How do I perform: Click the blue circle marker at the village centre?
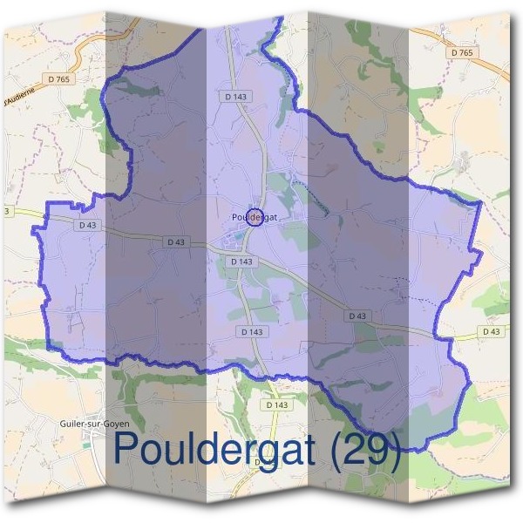click(254, 218)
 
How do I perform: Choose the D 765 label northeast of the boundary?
click(463, 53)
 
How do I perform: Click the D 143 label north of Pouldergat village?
click(234, 97)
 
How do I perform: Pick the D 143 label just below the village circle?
click(243, 261)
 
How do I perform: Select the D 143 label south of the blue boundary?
click(275, 405)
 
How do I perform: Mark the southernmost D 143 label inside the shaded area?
click(250, 332)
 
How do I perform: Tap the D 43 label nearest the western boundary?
click(87, 225)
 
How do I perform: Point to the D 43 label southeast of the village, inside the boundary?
click(357, 316)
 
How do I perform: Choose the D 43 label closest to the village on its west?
click(175, 241)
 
